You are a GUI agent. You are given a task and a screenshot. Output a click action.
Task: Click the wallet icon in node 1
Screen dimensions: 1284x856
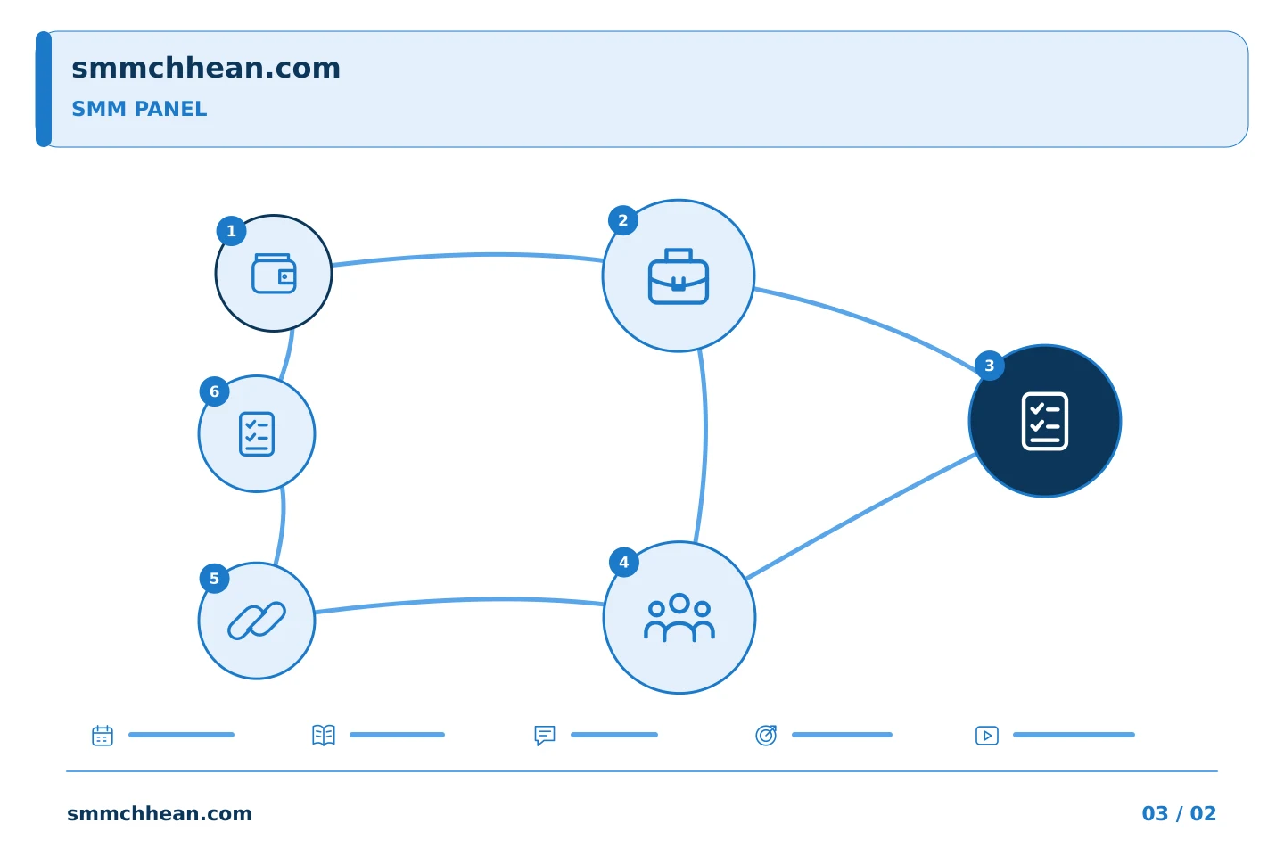[x=274, y=274]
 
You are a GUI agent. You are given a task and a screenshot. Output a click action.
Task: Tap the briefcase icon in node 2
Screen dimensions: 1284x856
[x=678, y=276]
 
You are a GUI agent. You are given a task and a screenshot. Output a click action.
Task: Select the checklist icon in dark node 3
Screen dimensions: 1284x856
[x=1044, y=421]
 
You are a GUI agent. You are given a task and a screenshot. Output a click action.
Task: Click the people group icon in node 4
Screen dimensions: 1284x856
[x=679, y=618]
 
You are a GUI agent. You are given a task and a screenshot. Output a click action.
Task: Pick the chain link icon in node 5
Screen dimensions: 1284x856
[x=257, y=621]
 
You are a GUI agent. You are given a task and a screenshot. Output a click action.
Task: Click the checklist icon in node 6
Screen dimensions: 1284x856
[x=257, y=434]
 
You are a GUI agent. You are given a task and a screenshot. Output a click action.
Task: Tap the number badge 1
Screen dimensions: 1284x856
[x=232, y=231]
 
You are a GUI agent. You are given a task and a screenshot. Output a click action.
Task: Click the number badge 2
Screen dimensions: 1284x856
[x=623, y=221]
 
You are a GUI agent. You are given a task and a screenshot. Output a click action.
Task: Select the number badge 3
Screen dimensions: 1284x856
[x=990, y=366]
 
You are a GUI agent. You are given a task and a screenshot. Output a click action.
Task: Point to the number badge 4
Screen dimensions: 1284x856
[x=624, y=563]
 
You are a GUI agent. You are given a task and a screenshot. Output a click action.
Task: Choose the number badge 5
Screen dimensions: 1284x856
[x=214, y=579]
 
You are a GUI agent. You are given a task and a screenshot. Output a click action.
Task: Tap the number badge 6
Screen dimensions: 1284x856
[x=214, y=391]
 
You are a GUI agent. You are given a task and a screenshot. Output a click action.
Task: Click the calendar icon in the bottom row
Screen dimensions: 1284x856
[x=103, y=735]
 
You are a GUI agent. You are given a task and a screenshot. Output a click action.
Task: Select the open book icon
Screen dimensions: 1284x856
[x=324, y=735]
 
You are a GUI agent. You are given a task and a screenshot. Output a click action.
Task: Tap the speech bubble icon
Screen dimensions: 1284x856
[x=545, y=735]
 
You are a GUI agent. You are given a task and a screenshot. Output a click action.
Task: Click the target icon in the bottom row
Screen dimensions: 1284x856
[x=766, y=735]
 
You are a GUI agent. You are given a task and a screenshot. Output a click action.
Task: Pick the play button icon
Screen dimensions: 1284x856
[x=987, y=736]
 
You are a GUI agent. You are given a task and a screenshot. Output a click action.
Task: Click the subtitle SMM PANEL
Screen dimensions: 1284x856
[x=139, y=109]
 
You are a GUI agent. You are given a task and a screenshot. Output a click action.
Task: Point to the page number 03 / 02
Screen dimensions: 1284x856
[x=1179, y=813]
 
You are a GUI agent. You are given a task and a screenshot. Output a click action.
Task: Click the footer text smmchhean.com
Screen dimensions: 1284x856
[x=160, y=813]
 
